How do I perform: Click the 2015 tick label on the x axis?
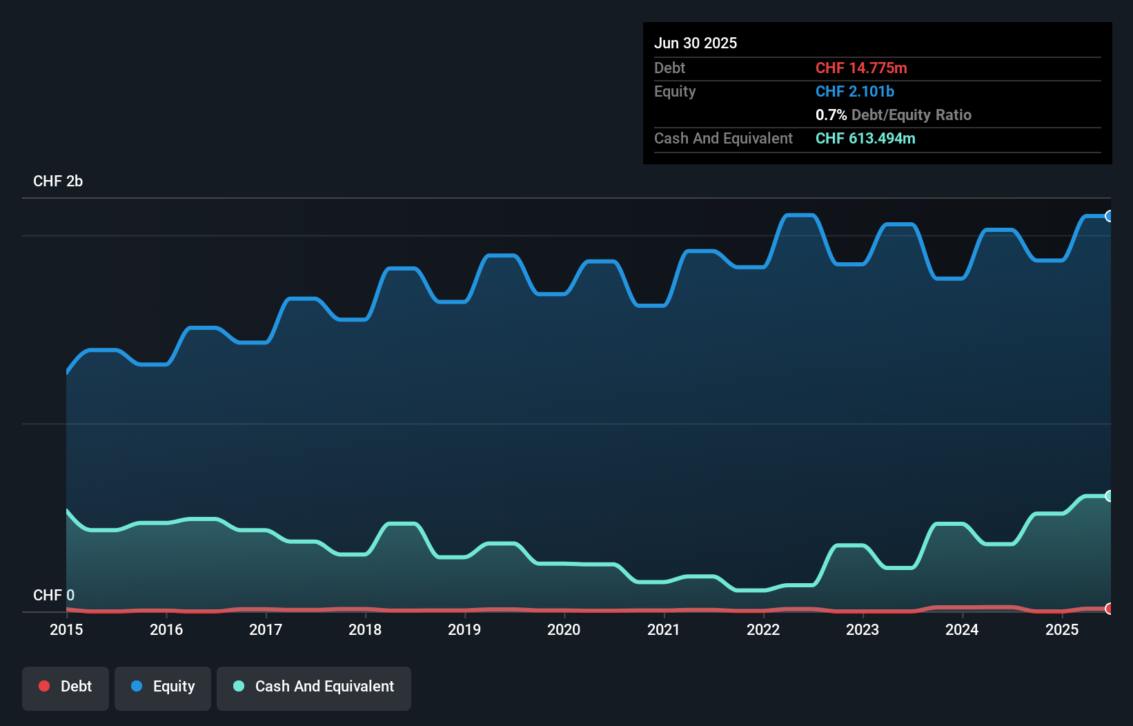click(66, 629)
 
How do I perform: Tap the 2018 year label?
click(365, 629)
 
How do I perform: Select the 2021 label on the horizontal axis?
click(664, 629)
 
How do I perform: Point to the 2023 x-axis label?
click(863, 629)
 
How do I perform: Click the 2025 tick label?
click(1062, 629)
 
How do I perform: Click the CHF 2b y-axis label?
click(58, 181)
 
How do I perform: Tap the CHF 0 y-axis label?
click(54, 595)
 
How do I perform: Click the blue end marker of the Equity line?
click(1109, 216)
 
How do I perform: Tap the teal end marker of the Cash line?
click(1109, 496)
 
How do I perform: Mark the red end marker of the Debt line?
click(1109, 609)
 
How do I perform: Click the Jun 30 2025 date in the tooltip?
click(696, 43)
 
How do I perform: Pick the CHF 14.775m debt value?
click(861, 68)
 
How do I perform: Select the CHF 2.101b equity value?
click(854, 91)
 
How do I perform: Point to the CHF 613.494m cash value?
click(865, 138)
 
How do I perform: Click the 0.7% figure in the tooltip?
click(831, 115)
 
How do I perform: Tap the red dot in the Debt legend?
click(44, 686)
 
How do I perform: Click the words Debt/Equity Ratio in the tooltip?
click(911, 115)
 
